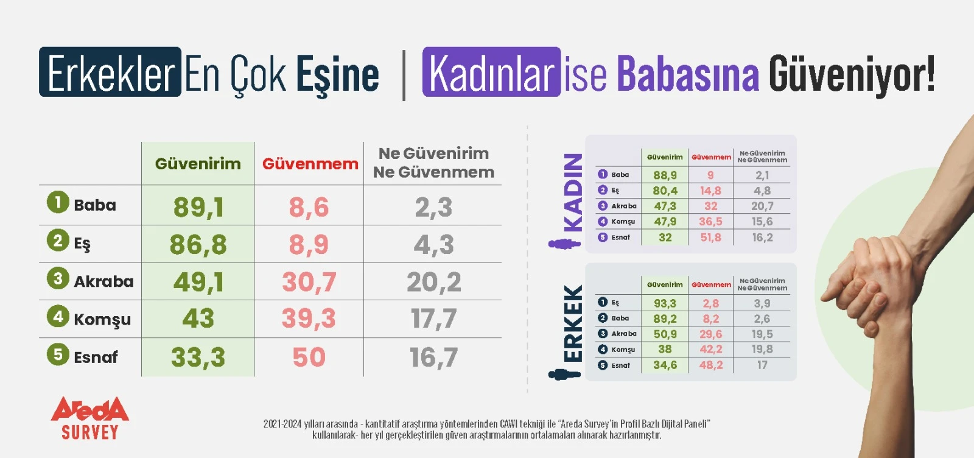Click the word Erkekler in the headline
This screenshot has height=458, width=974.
111,72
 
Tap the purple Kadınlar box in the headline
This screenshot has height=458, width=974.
491,72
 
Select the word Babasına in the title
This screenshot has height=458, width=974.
688,73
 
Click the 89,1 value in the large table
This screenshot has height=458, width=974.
198,206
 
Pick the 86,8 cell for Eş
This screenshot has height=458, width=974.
198,244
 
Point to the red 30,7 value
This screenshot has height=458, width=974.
309,281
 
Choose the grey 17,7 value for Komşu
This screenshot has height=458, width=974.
433,319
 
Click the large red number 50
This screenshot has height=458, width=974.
309,357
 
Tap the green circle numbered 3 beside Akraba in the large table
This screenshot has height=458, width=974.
58,278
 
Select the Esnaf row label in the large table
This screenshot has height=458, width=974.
96,357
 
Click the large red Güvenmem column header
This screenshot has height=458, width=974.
310,164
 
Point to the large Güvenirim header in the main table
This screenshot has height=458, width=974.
198,164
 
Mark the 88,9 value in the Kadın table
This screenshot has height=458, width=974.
665,175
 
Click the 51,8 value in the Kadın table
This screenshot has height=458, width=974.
710,238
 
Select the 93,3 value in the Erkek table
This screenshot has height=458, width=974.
665,303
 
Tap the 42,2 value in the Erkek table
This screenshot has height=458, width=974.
710,349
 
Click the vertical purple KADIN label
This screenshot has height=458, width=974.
573,192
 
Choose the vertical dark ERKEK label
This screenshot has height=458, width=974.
573,323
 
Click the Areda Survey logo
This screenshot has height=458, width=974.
90,418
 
